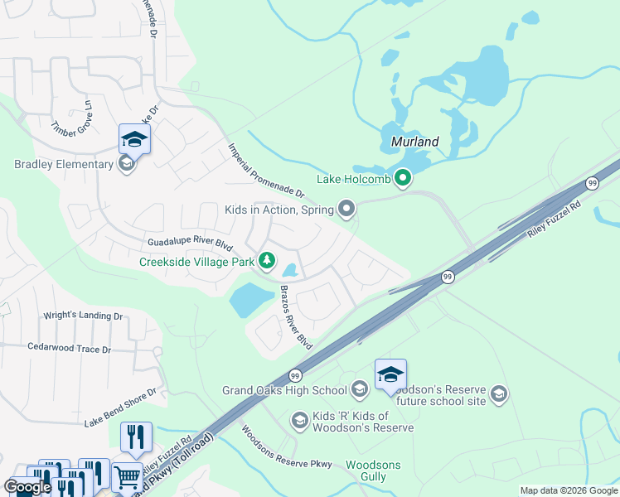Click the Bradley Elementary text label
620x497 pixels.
[x=63, y=164]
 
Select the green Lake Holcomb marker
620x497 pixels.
[x=403, y=178]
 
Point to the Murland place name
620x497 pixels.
[x=414, y=142]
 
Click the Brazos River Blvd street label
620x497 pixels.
[x=296, y=318]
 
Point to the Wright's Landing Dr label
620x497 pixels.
[x=85, y=316]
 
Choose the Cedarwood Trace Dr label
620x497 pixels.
[x=69, y=349]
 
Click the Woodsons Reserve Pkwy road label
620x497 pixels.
[x=286, y=447]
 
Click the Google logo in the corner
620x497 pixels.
[x=27, y=487]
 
